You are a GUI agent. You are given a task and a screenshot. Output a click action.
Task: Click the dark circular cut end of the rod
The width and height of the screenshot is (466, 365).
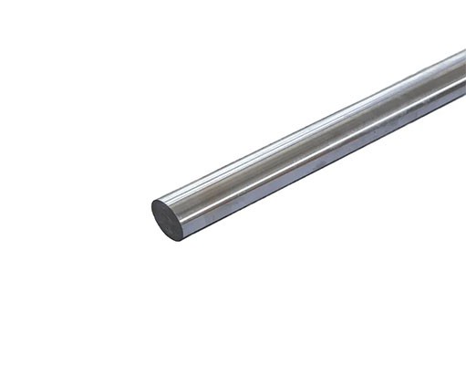pyautogui.click(x=167, y=219)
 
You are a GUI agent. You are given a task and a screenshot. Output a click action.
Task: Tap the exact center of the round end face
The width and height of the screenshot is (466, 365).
pyautogui.click(x=167, y=219)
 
